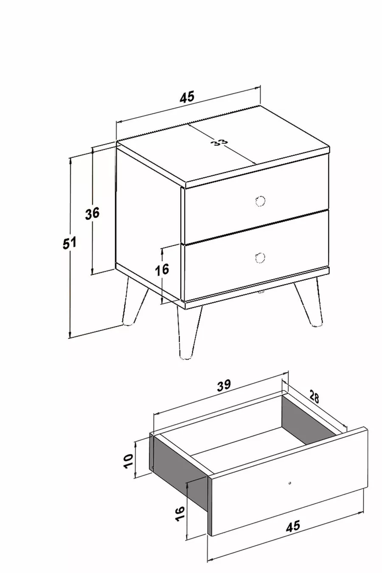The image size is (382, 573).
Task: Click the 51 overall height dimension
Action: pos(69,243)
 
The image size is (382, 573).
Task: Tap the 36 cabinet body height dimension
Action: pos(93,213)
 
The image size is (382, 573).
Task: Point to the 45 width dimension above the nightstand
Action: pos(187,97)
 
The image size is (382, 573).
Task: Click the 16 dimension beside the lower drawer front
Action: pos(163,270)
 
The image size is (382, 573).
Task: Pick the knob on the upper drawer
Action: pos(260,201)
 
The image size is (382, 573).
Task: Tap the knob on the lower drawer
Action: pos(260,257)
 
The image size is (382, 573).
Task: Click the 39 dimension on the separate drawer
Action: pos(224,386)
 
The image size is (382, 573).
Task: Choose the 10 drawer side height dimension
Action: pos(129,461)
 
